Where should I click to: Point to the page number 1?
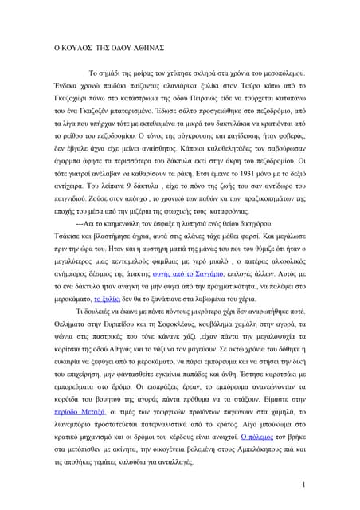(x=306, y=485)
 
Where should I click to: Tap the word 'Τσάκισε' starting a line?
(x=69, y=260)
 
